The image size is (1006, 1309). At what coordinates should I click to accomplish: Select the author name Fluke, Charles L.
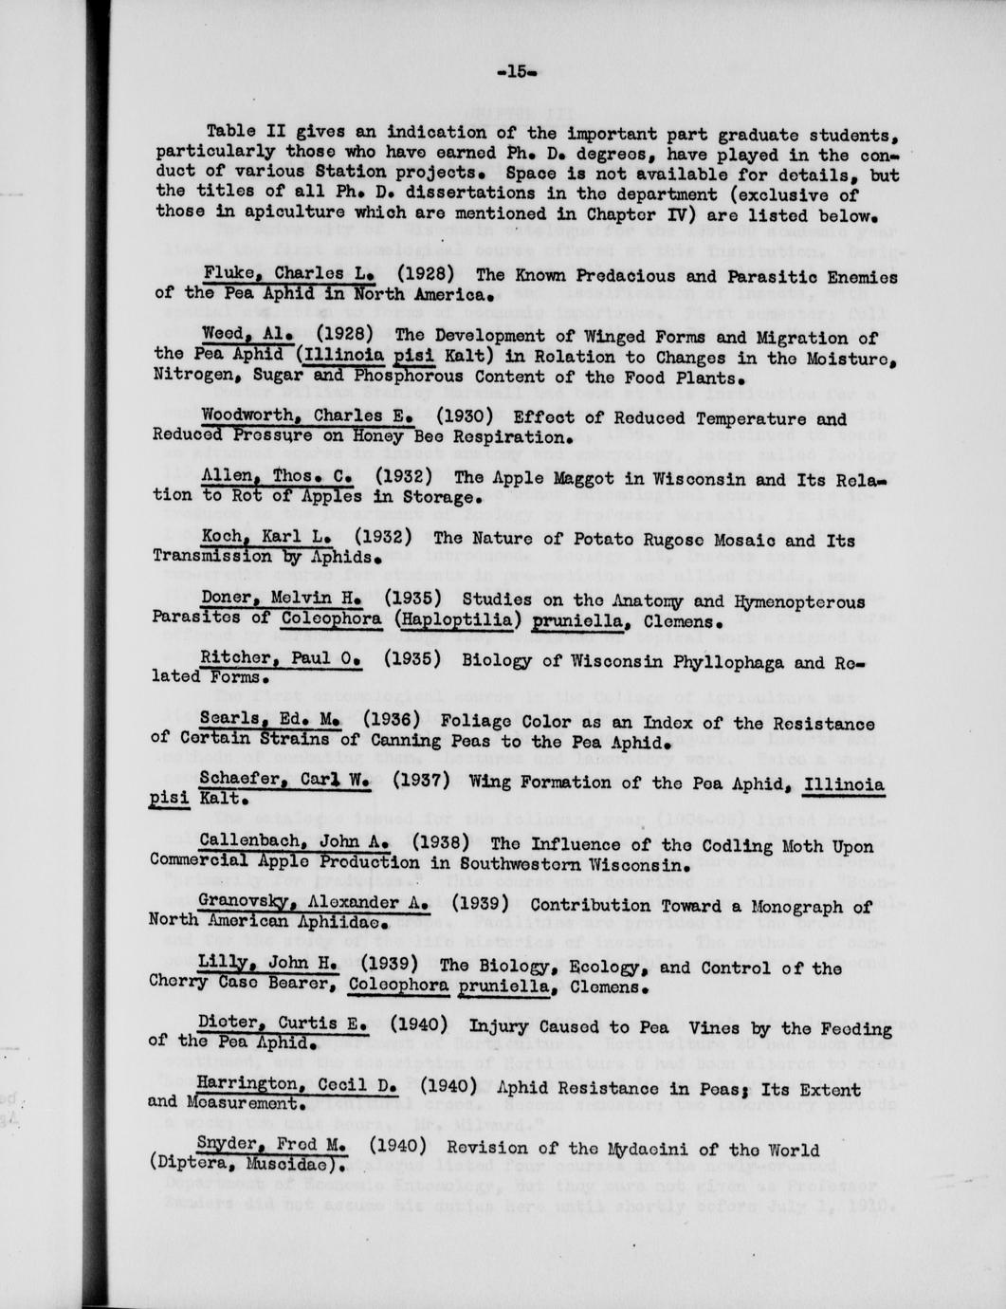pyautogui.click(x=291, y=275)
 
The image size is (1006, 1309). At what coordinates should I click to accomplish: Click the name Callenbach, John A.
pyautogui.click(x=294, y=843)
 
